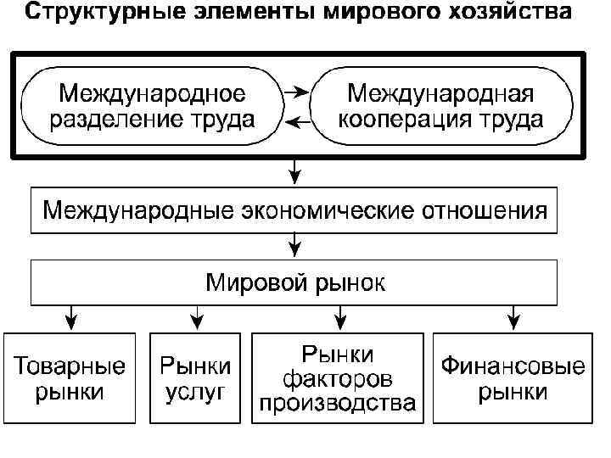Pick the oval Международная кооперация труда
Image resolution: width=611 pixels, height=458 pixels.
click(x=440, y=106)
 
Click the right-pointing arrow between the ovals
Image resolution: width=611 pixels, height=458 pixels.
click(x=296, y=89)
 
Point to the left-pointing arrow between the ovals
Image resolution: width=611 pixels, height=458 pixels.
click(x=296, y=123)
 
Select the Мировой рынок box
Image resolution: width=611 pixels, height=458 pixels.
click(x=294, y=282)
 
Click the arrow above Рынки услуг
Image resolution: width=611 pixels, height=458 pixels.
click(x=196, y=318)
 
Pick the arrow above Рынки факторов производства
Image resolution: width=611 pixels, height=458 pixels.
click(x=339, y=318)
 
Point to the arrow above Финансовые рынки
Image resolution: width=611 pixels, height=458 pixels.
click(x=513, y=318)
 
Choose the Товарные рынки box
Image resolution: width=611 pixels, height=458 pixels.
click(x=70, y=378)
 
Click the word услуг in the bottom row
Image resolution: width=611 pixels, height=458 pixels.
click(x=196, y=392)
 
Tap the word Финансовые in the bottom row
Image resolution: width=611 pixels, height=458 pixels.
click(x=512, y=368)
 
